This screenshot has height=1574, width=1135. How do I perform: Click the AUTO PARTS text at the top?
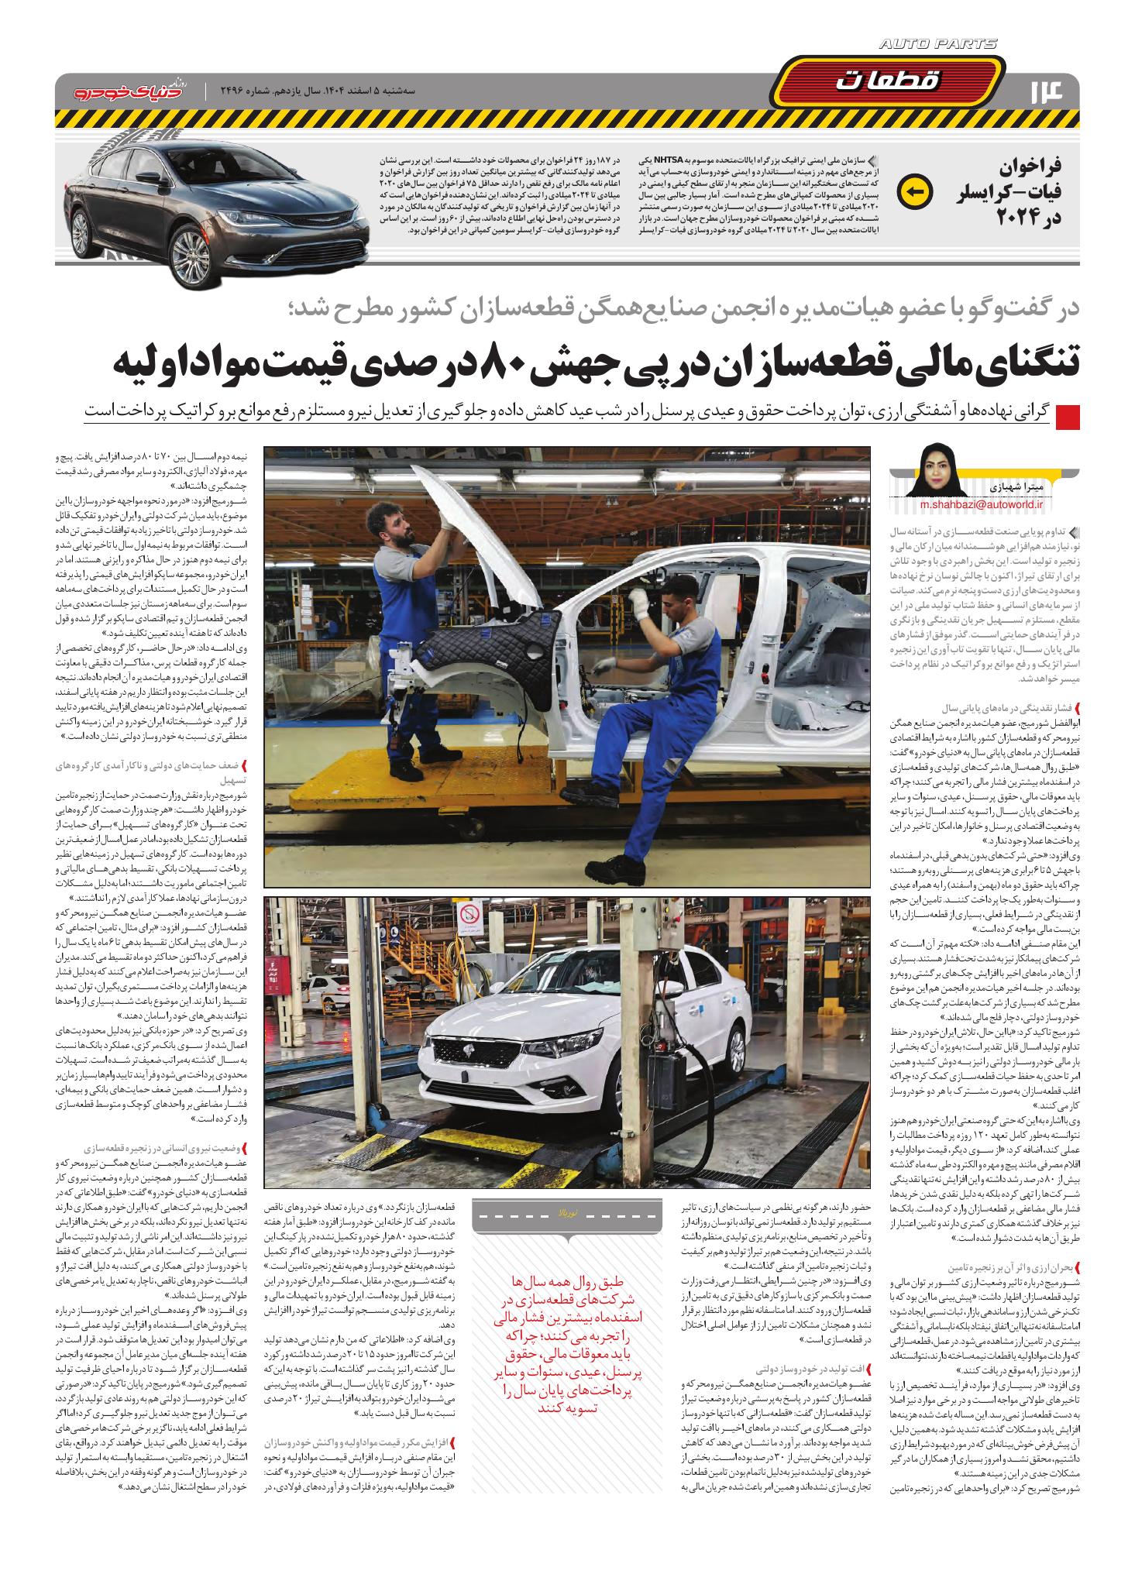pyautogui.click(x=939, y=45)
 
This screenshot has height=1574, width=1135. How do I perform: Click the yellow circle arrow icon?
pyautogui.click(x=912, y=191)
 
